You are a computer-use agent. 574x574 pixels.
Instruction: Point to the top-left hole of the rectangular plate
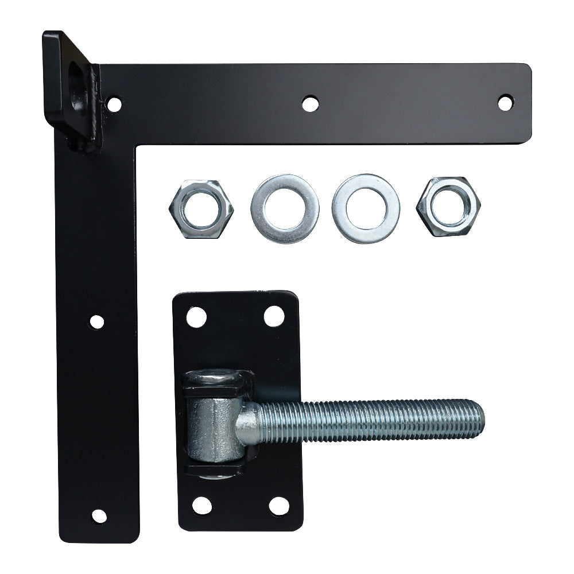point(196,317)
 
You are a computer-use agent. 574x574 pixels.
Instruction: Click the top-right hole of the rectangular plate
point(274,316)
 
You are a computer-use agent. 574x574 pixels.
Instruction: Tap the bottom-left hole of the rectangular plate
point(201,505)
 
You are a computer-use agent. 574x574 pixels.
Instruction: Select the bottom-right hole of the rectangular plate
point(279,506)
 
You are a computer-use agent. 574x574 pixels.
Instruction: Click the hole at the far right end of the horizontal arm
point(505,103)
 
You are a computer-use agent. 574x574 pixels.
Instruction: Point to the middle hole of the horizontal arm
point(310,104)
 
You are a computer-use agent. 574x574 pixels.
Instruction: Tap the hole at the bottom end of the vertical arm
point(99,516)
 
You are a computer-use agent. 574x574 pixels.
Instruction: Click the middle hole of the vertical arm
point(96,321)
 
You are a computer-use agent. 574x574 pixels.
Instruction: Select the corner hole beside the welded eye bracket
point(114,104)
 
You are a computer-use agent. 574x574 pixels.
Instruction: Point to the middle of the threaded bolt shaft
point(367,421)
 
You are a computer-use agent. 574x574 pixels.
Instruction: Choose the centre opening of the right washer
point(365,209)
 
